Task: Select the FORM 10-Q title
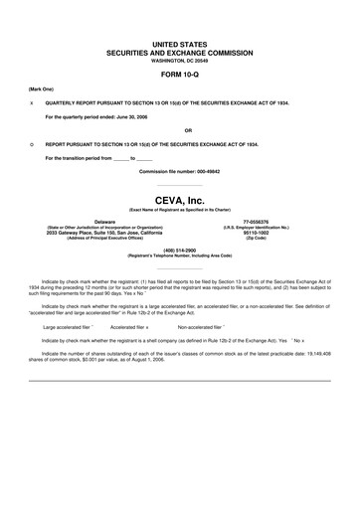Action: pos(180,75)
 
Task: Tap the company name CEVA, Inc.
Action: pos(180,201)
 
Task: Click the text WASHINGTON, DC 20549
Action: pos(180,61)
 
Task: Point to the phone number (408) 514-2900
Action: pos(180,250)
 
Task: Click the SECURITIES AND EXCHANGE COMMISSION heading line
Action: pos(180,54)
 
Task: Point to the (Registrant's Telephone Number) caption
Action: pos(180,255)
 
